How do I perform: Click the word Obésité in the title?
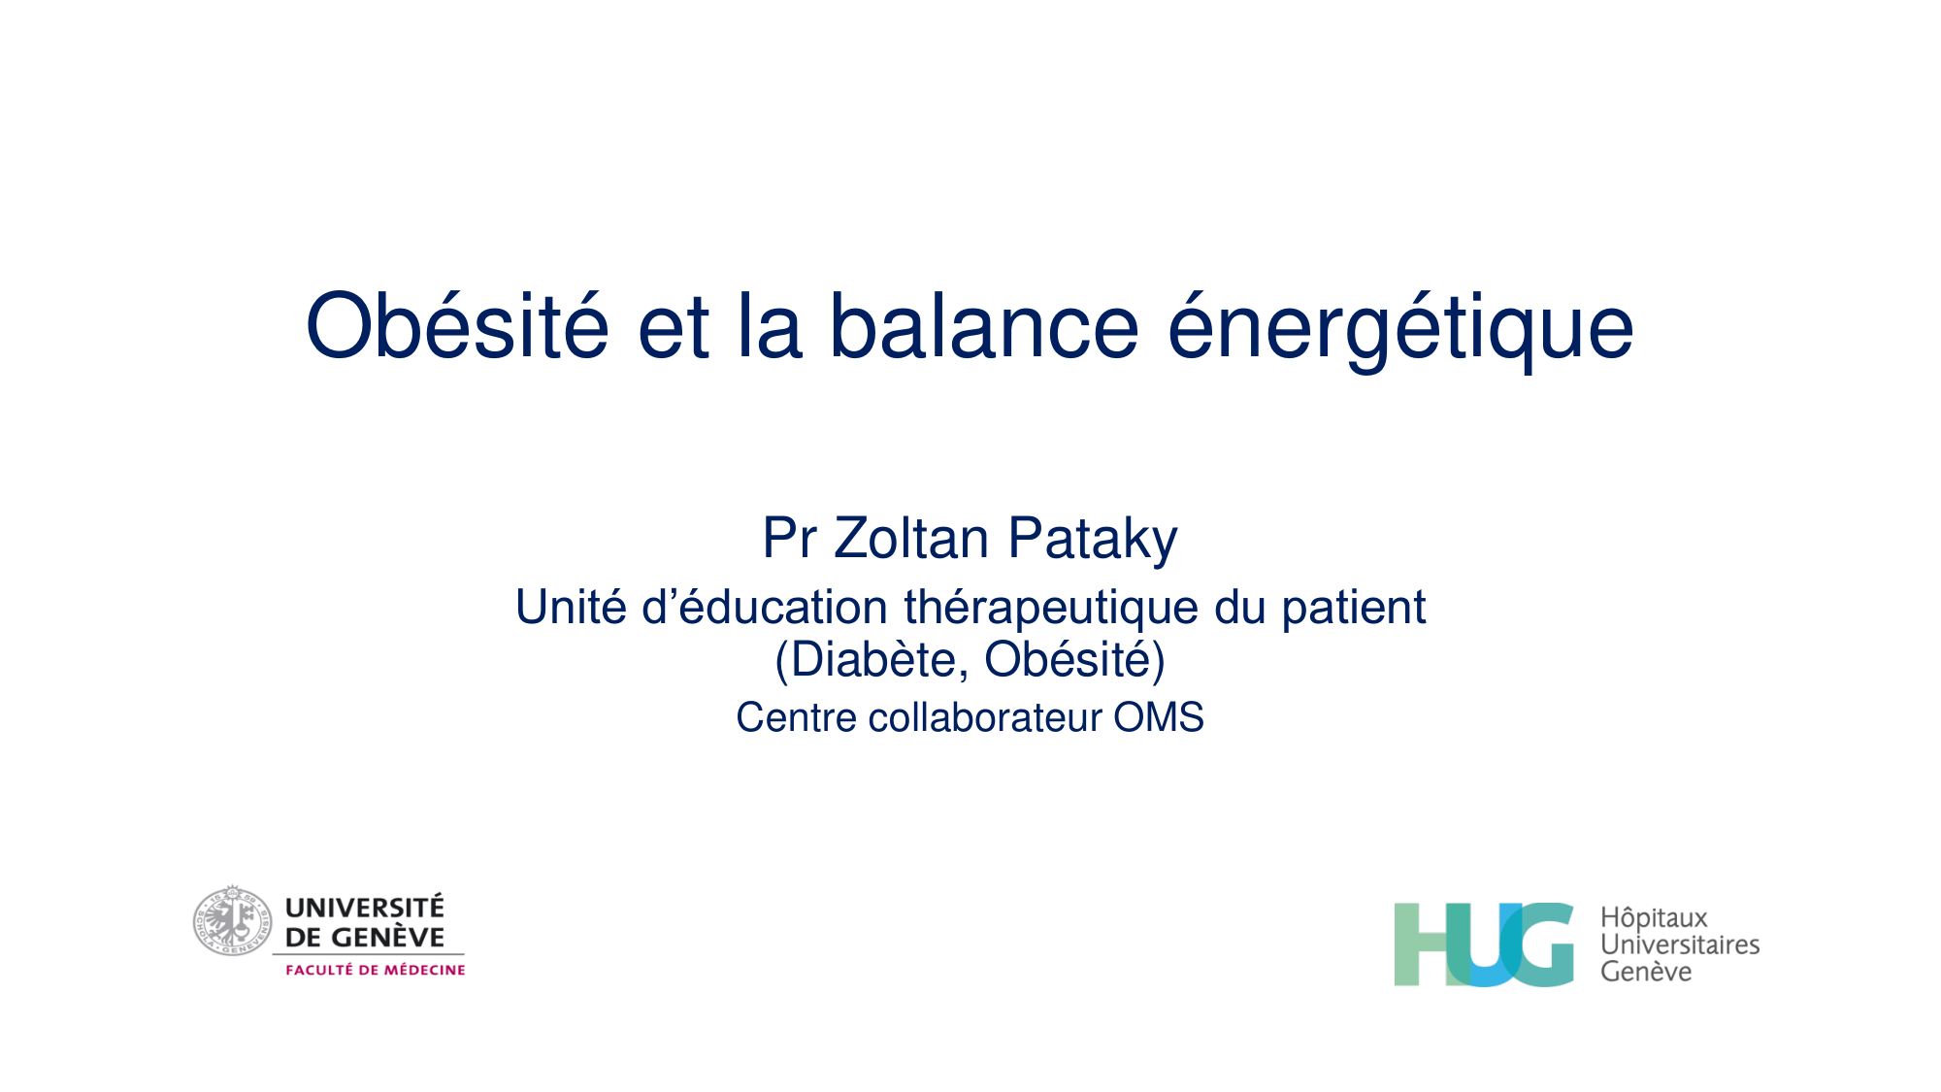click(x=457, y=326)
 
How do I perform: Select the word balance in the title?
click(x=983, y=326)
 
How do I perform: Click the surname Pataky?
click(x=1093, y=539)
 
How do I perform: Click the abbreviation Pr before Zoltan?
click(x=789, y=539)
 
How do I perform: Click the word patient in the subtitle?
click(x=1353, y=608)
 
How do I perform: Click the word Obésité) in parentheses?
click(x=1074, y=660)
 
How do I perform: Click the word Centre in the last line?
click(x=797, y=718)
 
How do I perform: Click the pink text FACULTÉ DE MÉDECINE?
click(x=375, y=970)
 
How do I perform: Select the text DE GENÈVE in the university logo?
click(x=365, y=938)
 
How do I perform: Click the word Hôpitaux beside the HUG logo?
click(x=1654, y=917)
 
